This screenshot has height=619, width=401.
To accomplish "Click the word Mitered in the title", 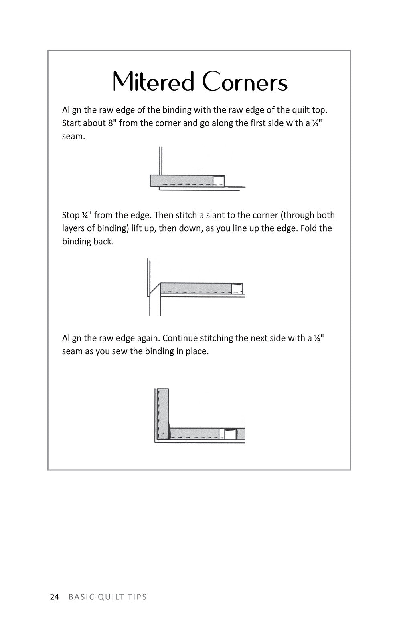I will (x=154, y=82).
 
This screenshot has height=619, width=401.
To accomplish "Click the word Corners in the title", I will (x=245, y=82).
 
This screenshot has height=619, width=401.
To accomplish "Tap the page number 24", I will (x=54, y=597).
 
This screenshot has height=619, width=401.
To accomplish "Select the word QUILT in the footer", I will (x=109, y=597).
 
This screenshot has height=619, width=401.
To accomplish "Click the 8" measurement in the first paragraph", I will (x=112, y=123).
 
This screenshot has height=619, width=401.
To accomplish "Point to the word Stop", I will (x=71, y=215).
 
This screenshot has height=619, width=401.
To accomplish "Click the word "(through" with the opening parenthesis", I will (x=298, y=215).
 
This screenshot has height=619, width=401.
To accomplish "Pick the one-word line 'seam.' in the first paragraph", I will (x=73, y=136).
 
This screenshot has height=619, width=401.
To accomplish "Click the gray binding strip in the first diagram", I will (x=180, y=181).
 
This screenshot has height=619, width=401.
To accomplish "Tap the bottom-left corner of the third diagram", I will (x=156, y=442).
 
